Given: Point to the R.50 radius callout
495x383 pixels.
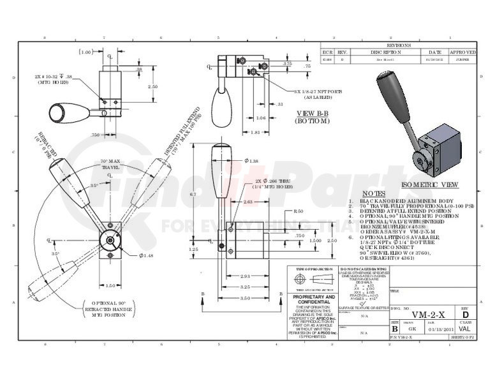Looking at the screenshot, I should pyautogui.click(x=297, y=211).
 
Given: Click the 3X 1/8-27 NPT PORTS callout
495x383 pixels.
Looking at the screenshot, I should pyautogui.click(x=318, y=94).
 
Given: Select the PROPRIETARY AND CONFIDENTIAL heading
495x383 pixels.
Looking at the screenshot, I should pyautogui.click(x=313, y=300).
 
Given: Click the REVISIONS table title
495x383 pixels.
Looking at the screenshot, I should pyautogui.click(x=399, y=46).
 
